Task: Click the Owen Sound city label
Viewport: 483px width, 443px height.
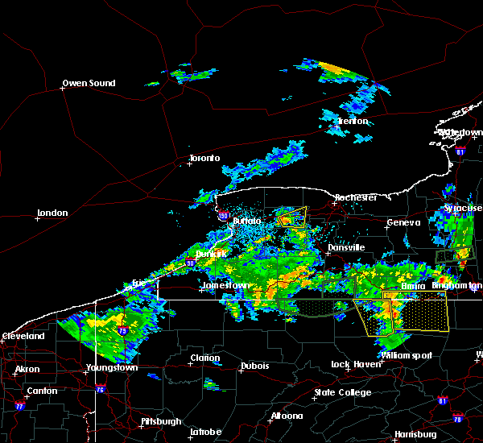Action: coord(89,83)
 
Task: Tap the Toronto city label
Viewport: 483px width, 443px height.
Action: coord(204,158)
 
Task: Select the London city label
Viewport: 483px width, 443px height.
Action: coord(52,213)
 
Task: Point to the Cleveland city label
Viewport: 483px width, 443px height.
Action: coord(23,335)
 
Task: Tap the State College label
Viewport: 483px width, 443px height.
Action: coord(343,392)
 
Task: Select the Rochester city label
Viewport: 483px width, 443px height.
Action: coord(356,197)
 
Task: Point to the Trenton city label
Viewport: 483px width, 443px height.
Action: coord(352,121)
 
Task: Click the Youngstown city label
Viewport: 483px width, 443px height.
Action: coord(112,368)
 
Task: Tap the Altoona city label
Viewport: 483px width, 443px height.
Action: coord(287,416)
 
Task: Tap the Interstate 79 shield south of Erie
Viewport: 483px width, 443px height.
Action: coord(122,330)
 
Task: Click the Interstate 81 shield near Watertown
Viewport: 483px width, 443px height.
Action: coord(460,151)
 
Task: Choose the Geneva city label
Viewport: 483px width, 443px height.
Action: coord(403,222)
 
